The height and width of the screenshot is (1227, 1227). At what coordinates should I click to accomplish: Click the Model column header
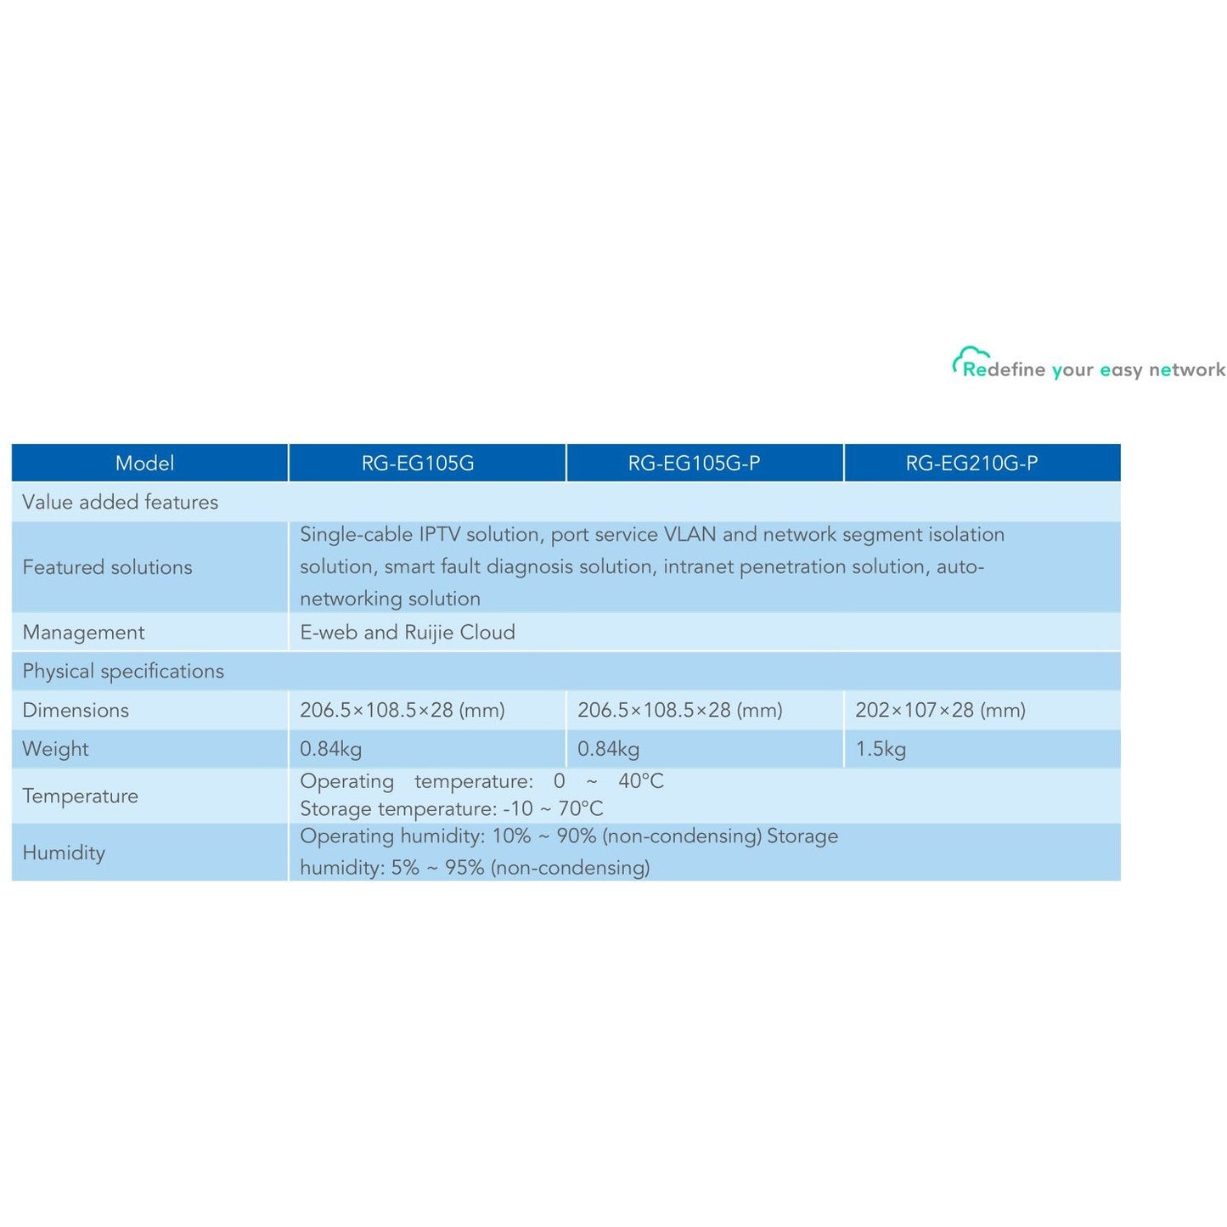(144, 463)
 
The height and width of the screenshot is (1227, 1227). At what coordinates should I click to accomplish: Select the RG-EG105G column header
(418, 463)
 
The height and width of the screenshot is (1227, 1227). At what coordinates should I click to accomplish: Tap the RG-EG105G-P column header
(694, 463)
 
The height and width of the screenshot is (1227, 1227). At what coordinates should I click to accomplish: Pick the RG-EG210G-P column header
(971, 463)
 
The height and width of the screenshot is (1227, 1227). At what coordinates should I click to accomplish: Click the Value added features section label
(120, 502)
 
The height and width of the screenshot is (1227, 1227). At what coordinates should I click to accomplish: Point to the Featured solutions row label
(107, 567)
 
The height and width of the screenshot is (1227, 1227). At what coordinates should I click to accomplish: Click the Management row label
(83, 633)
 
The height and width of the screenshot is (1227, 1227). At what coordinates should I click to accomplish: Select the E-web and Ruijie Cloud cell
(408, 633)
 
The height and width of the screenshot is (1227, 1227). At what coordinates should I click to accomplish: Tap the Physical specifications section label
(123, 671)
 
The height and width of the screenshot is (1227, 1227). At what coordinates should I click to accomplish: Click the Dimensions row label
(76, 710)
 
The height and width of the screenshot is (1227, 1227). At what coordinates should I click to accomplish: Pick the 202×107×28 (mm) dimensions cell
(940, 710)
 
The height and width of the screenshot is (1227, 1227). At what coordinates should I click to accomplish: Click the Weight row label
(55, 749)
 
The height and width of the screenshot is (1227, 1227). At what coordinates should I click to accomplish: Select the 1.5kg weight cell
(881, 749)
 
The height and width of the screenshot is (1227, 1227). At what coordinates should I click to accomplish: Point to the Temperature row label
(80, 796)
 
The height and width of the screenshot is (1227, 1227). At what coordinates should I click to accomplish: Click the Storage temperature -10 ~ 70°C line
(452, 809)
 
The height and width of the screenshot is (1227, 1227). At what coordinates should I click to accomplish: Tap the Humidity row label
(64, 853)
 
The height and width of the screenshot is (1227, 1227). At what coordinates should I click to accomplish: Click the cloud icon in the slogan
(968, 357)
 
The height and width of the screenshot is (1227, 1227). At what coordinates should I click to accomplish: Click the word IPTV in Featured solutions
(439, 535)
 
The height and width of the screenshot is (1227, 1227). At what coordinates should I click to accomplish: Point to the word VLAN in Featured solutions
(689, 535)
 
